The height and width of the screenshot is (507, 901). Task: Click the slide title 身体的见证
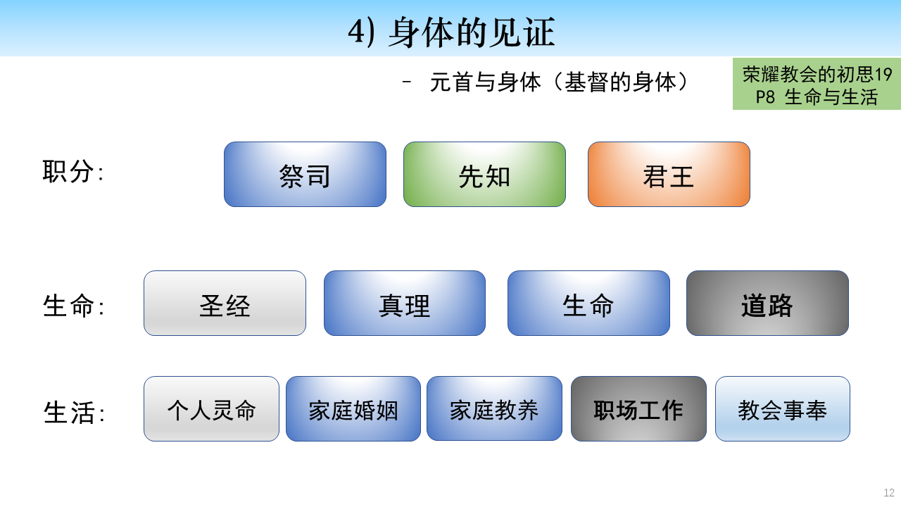[472, 32]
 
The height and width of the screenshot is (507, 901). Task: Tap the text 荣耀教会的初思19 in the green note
[817, 74]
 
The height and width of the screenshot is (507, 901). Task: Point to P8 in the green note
[764, 97]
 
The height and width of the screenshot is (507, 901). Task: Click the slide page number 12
[888, 492]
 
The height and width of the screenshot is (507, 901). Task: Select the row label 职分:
[73, 171]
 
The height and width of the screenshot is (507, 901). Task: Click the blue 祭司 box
[305, 174]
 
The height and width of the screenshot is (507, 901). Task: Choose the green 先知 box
[484, 174]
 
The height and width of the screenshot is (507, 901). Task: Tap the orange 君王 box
[669, 174]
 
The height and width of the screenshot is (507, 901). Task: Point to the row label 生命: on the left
[73, 306]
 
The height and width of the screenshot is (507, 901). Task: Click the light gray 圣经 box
[225, 303]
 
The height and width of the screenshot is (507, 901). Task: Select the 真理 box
[404, 303]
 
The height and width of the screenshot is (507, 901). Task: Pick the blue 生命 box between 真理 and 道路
[588, 303]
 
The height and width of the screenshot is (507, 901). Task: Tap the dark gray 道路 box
[767, 303]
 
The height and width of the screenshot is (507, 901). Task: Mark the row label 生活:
[74, 413]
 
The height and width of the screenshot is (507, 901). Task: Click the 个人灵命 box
[211, 409]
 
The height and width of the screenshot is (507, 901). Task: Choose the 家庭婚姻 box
[353, 409]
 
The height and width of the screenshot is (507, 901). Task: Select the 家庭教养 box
[494, 409]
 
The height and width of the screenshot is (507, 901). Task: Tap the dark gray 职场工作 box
[638, 409]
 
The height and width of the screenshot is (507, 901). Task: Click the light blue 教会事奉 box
[782, 409]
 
